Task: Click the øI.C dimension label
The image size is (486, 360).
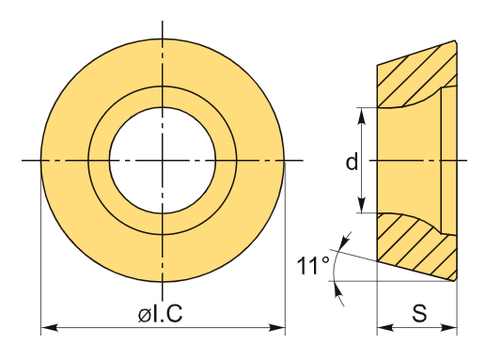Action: pos(160,313)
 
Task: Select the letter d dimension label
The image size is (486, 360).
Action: pos(352,162)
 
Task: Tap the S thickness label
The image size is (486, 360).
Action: pos(419,313)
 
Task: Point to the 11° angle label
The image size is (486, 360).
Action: pos(313,265)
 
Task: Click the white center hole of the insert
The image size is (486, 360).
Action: pos(163,161)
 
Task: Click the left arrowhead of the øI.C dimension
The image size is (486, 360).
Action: pos(50,328)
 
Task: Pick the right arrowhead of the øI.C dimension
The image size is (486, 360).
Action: pos(277,328)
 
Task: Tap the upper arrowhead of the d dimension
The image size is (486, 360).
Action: pos(362,116)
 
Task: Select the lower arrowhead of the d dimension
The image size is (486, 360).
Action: pos(362,205)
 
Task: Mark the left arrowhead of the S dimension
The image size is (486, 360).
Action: pos(385,328)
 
